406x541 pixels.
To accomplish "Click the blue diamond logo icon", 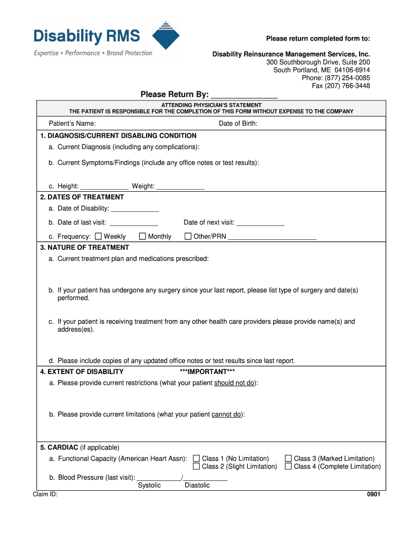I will (166, 36).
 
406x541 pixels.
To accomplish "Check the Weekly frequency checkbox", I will (98, 236).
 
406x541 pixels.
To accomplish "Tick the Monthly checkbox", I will (142, 236).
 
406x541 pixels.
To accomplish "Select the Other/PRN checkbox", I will (188, 236).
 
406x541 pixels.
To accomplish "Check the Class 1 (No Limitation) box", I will (197, 458).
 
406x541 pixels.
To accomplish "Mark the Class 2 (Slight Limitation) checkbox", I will (197, 466).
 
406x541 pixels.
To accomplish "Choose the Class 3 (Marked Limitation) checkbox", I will (288, 458).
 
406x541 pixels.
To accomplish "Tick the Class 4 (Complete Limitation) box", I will (288, 466).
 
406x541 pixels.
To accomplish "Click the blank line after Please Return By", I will (244, 96).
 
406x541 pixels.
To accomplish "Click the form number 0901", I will (373, 495).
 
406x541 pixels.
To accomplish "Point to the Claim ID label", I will (45, 495).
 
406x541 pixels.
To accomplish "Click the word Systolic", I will (149, 485).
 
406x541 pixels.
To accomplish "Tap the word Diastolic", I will (197, 485).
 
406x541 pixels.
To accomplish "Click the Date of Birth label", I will (238, 124).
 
